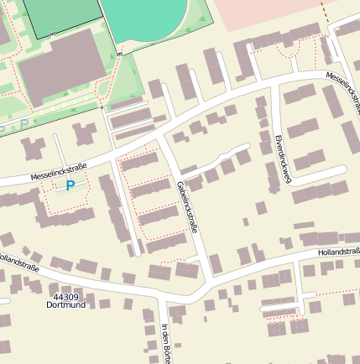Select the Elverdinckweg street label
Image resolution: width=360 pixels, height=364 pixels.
tap(283, 158)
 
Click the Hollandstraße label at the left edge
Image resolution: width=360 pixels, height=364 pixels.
tap(18, 262)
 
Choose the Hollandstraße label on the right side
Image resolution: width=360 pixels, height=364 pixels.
tap(338, 252)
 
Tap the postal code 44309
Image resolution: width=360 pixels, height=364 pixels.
tap(65, 297)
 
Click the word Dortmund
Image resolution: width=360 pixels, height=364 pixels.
tap(65, 305)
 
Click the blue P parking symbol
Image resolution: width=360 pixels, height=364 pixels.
tap(70, 185)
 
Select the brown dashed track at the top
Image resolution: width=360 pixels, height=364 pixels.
tap(323, 11)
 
